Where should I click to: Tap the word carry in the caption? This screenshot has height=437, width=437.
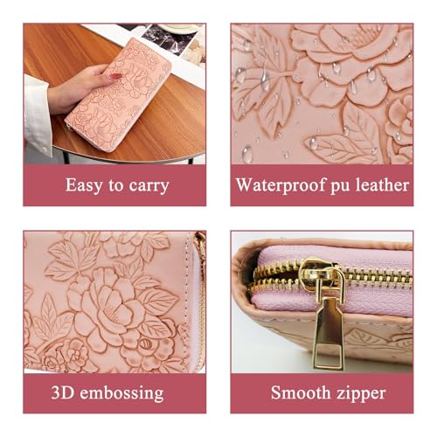click(147, 186)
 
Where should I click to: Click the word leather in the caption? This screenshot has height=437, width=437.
click(382, 185)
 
